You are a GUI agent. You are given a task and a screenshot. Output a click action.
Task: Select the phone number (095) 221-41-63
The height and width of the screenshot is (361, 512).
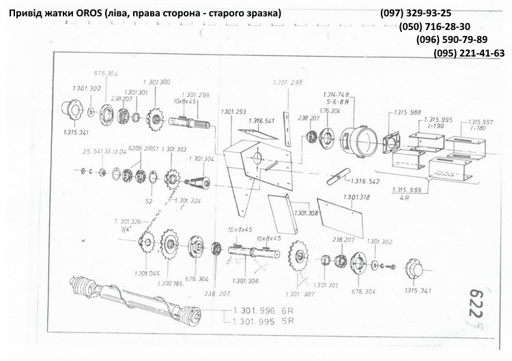[x=469, y=53]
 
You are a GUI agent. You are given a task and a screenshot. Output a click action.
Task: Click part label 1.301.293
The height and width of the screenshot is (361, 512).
[x=233, y=112]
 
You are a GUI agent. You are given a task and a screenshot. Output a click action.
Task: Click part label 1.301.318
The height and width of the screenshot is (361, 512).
[x=356, y=198]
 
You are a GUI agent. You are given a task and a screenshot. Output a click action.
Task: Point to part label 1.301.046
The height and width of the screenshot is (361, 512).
[x=146, y=273]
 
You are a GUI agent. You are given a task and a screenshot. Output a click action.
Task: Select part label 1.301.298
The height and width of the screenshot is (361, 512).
[x=287, y=82]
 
